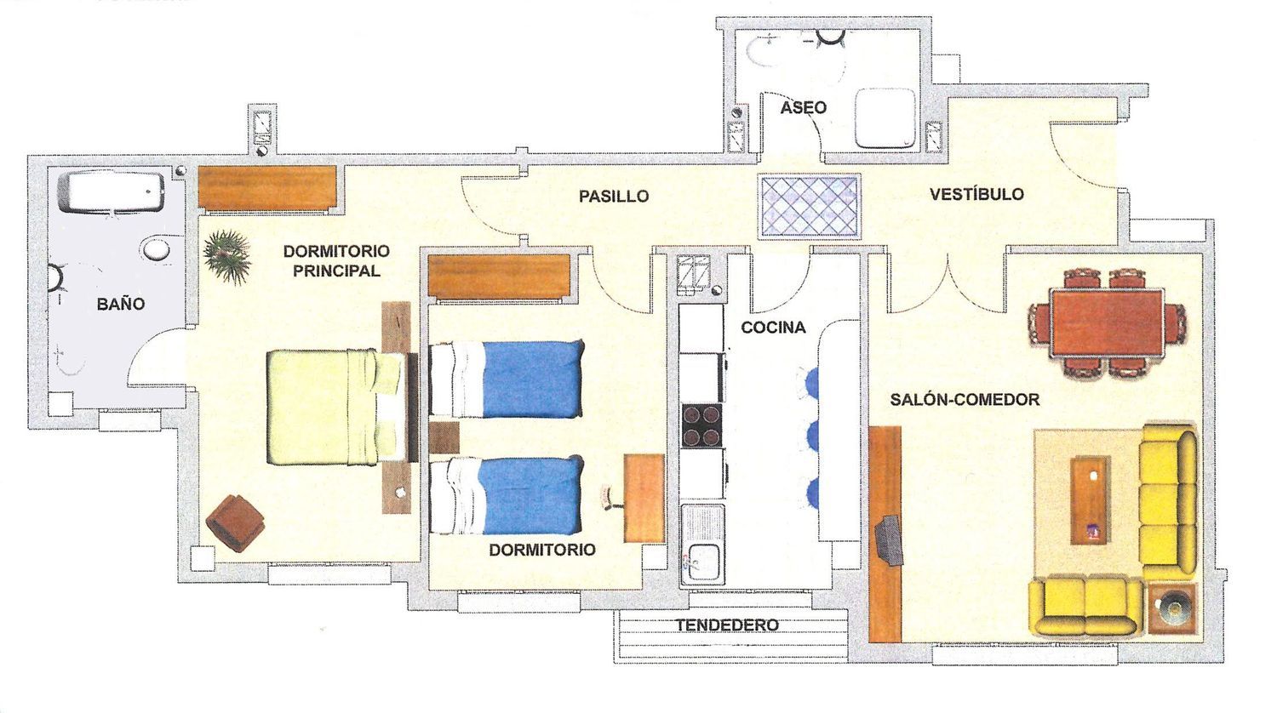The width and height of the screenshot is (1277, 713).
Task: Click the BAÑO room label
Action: (120, 304)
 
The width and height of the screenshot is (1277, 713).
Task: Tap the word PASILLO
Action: (614, 197)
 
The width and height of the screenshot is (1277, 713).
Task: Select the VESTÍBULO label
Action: (976, 194)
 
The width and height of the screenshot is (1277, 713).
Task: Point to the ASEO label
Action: (804, 107)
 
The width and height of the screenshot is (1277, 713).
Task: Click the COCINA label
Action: (773, 328)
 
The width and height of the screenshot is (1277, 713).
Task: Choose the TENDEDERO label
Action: (727, 625)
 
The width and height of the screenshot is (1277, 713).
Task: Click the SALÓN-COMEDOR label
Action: (965, 400)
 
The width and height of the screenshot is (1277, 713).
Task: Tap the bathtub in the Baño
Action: (112, 192)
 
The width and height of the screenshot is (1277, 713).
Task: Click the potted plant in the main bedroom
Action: (227, 256)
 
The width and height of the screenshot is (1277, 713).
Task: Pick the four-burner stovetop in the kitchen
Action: (701, 425)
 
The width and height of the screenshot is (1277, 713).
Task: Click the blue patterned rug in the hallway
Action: (809, 206)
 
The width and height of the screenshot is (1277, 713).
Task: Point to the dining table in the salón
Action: (1106, 322)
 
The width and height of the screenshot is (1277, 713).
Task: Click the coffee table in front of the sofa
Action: (1090, 500)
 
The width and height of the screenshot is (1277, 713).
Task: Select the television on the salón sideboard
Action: (890, 539)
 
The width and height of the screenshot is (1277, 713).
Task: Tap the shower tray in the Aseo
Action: (885, 118)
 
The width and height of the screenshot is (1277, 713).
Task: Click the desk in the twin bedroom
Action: (644, 498)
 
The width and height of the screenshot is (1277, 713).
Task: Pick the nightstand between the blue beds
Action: (444, 437)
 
